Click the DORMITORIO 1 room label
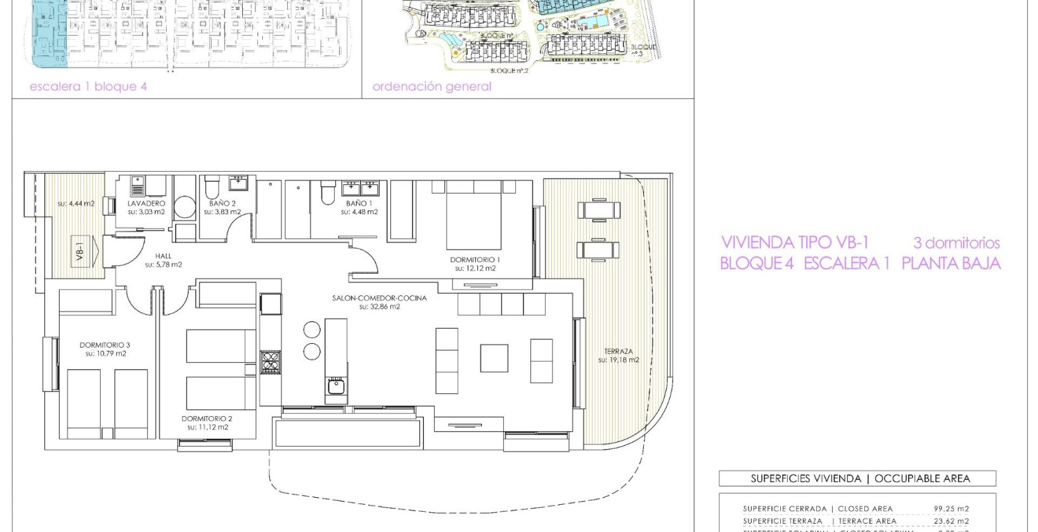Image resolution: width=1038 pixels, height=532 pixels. click(475, 260)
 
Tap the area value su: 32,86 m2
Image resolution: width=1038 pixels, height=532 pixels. click(380, 307)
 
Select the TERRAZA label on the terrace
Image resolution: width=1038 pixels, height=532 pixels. click(618, 351)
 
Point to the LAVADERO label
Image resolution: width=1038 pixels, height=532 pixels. click(146, 203)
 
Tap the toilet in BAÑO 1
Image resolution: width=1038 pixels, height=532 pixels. click(327, 192)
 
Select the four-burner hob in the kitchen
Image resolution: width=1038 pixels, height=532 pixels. click(271, 362)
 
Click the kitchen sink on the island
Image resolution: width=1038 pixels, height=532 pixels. click(336, 385)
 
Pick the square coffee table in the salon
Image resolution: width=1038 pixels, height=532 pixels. click(494, 358)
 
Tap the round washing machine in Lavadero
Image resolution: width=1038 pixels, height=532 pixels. click(184, 207)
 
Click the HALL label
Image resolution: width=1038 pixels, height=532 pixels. click(163, 256)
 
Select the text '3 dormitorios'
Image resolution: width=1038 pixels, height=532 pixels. click(956, 243)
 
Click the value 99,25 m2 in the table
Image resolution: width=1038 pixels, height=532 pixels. click(951, 509)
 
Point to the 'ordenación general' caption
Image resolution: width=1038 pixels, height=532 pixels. click(432, 87)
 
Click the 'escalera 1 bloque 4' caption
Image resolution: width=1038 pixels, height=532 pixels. click(88, 87)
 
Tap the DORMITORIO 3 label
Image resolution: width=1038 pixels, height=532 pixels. click(105, 345)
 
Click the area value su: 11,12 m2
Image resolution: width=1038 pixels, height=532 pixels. click(207, 427)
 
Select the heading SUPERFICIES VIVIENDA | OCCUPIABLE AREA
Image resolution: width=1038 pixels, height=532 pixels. click(860, 479)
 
